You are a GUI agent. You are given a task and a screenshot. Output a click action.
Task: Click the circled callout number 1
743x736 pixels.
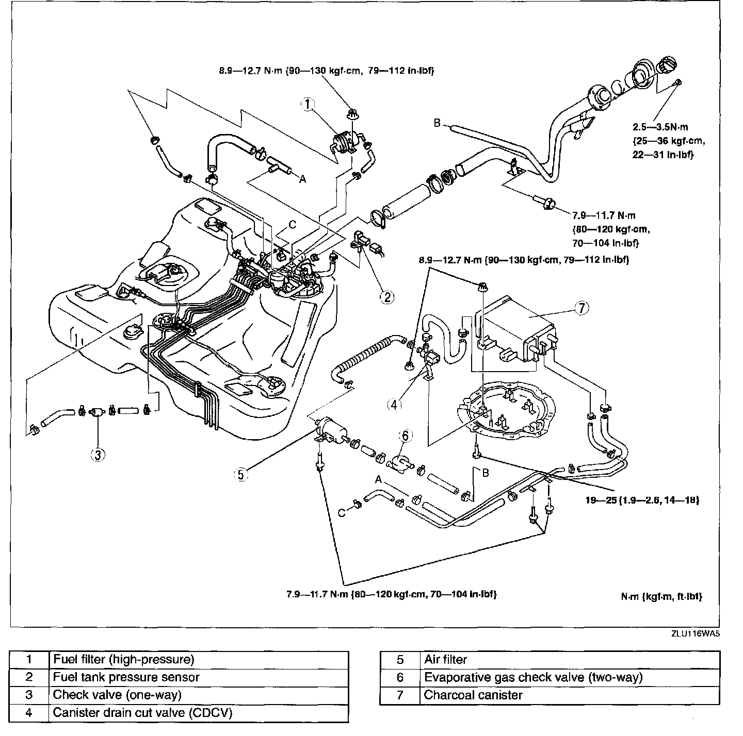pos(308,105)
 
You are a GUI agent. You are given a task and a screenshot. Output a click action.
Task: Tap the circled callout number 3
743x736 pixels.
pos(98,454)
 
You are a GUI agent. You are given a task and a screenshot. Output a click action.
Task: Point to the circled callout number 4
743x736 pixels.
pos(394,405)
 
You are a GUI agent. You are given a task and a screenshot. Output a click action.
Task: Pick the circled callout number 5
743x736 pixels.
pos(241,475)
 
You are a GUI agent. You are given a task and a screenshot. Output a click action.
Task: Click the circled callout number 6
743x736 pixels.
pos(405,436)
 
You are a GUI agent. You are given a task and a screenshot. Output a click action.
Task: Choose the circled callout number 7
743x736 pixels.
pos(582,308)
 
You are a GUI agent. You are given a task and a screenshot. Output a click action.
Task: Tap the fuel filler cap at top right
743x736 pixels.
pos(667,67)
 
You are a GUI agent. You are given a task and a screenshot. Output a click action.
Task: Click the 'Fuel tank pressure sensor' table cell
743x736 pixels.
pos(126,677)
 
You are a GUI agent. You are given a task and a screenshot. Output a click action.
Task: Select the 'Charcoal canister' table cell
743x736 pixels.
pos(473,695)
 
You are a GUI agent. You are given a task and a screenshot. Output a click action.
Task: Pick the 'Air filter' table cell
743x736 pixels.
pos(445,660)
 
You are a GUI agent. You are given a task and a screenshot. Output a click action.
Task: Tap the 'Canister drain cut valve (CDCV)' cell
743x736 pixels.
pos(142,713)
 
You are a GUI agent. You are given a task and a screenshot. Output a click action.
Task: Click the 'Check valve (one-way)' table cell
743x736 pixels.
pos(117,695)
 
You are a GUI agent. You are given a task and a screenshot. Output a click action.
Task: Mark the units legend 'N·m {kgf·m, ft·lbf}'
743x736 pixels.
pos(661,596)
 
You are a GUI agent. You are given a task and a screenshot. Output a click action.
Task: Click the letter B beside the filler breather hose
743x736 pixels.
pos(437,123)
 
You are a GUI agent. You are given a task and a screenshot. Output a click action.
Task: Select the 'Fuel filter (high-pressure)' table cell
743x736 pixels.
pos(123,659)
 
